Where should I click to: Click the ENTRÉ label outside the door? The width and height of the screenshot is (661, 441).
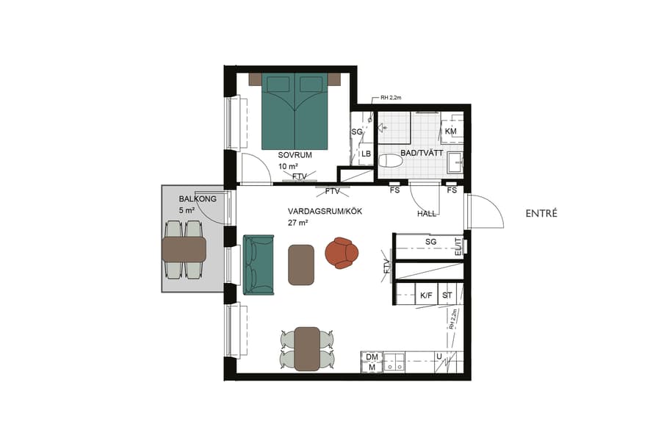click(542, 214)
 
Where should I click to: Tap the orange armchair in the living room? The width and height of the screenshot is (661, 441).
click(342, 252)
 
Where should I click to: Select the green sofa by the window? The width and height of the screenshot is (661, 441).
click(258, 265)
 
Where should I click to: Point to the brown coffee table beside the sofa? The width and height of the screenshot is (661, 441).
click(301, 264)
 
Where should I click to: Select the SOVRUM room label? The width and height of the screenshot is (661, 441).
click(295, 156)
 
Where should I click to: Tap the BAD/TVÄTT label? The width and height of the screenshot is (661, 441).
click(422, 154)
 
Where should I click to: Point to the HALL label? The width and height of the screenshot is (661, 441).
click(427, 214)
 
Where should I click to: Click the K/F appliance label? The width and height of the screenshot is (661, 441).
click(426, 295)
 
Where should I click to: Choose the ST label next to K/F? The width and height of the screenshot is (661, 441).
click(447, 295)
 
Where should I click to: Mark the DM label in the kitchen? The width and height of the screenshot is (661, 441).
click(372, 356)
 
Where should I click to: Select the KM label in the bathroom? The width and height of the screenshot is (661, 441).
click(450, 132)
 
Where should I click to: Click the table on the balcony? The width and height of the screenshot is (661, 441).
click(184, 250)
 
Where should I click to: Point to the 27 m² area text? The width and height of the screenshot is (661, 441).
click(297, 222)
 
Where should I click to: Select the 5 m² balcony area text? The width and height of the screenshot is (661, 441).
click(187, 210)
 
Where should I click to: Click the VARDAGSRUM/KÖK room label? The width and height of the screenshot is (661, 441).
click(325, 211)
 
